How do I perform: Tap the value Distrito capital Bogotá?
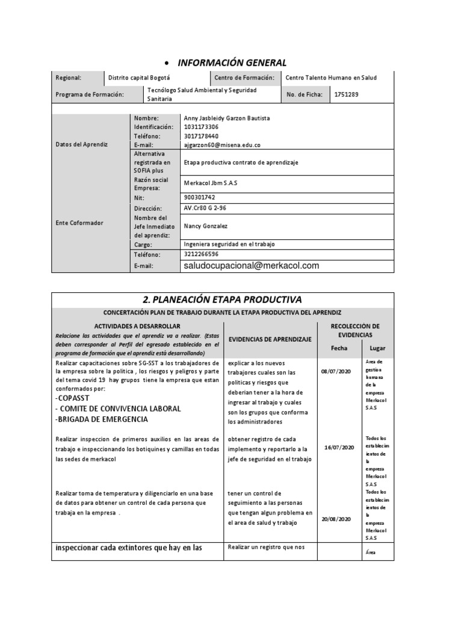(x=139, y=78)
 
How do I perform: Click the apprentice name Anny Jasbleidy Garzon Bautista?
(x=227, y=118)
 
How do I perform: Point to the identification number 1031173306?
(x=201, y=127)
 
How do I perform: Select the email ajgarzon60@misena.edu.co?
(x=222, y=145)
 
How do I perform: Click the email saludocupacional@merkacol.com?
(x=251, y=266)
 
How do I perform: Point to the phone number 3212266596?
(x=201, y=254)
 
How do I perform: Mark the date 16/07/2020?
(x=339, y=448)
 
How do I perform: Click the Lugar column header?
(x=377, y=348)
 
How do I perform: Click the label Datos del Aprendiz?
(x=81, y=145)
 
